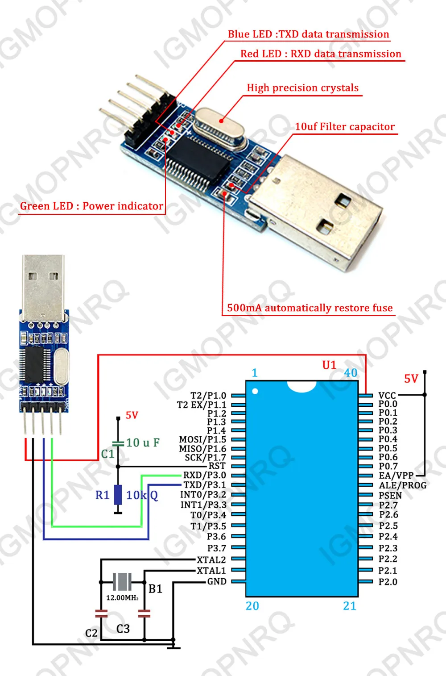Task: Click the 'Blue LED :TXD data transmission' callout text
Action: coord(308,34)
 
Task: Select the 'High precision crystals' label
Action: coord(302,88)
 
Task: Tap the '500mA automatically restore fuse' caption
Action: coord(310,308)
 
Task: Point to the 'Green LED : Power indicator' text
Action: coord(91,206)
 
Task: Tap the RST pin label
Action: coord(217,466)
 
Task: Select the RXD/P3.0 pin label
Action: coord(205,475)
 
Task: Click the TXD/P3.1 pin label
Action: coord(205,485)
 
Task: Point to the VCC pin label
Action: coord(387,395)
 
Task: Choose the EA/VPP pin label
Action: coord(396,476)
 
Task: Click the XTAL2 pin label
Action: coord(211,560)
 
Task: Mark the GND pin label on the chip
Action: coord(217,581)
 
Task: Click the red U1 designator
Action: coord(329,365)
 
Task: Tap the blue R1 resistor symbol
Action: coord(118,495)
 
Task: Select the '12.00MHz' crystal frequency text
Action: coord(122,598)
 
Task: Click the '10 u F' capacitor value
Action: coord(143,443)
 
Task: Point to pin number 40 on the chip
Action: coord(351,373)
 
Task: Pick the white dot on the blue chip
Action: coord(255,392)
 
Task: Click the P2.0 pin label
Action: coord(388,582)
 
